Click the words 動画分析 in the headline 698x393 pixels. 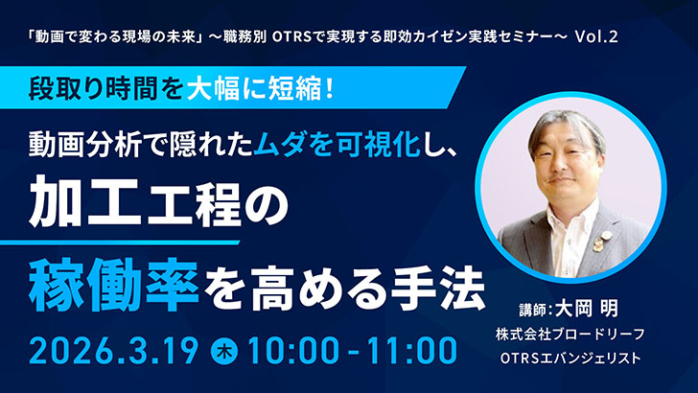[90, 143]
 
